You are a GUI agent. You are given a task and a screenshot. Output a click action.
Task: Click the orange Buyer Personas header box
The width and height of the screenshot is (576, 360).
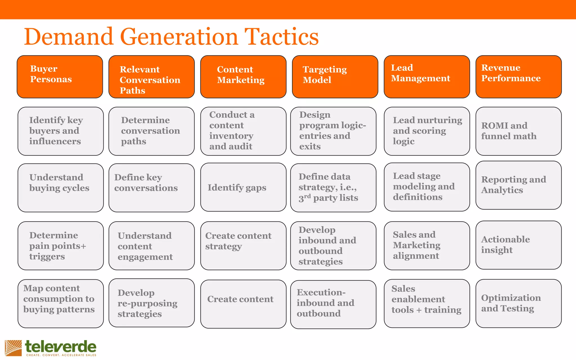60,76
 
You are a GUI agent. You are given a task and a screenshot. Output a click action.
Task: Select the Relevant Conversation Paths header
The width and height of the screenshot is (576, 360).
151,76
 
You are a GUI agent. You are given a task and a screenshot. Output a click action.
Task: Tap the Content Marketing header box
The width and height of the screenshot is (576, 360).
243,76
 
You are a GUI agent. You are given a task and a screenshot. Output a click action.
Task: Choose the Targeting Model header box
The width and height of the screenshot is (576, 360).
335,76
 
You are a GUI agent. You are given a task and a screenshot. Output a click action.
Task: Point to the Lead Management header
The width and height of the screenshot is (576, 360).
427,76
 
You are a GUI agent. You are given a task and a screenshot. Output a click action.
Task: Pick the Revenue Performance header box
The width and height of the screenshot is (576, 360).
518,76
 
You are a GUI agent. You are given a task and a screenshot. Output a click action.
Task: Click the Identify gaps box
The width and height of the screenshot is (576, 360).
243,187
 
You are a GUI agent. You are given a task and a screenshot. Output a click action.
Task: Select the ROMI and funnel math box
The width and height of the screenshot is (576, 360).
518,131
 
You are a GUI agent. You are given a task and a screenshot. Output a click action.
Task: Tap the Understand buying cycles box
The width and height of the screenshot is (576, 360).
60,188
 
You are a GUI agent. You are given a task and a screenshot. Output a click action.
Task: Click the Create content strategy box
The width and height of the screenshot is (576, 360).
243,246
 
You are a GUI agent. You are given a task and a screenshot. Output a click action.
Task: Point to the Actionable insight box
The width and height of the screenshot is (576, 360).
518,245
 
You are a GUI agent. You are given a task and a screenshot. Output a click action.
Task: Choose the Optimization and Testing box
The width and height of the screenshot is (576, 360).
518,303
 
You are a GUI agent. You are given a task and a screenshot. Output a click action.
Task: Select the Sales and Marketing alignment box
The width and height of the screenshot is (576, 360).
427,246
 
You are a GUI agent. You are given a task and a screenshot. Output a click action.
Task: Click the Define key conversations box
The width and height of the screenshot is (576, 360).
151,188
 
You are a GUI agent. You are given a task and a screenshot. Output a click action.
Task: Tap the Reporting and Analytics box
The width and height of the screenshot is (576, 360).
518,185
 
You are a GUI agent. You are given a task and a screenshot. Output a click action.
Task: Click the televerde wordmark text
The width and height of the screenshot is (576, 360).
61,347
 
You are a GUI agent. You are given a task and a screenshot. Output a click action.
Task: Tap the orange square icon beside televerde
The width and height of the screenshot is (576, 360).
13,348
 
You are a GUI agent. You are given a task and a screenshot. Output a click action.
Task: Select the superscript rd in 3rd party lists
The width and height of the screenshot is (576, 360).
307,196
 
